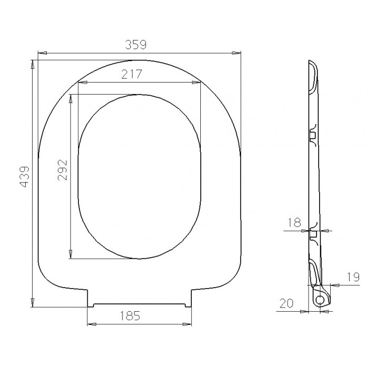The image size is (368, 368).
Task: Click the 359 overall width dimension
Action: click(136, 45)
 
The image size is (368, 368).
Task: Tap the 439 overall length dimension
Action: click(24, 177)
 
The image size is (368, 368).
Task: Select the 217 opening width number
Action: click(131, 74)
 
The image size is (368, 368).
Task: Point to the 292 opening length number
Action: click(63, 170)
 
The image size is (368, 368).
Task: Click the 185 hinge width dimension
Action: click(130, 315)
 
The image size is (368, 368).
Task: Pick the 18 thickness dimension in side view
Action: click(294, 222)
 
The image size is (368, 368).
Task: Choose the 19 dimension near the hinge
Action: click(353, 277)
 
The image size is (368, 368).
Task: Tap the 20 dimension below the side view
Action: click(287, 303)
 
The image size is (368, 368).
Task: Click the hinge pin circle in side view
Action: click(320, 300)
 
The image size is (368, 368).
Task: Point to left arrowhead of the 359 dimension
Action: click(42, 53)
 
